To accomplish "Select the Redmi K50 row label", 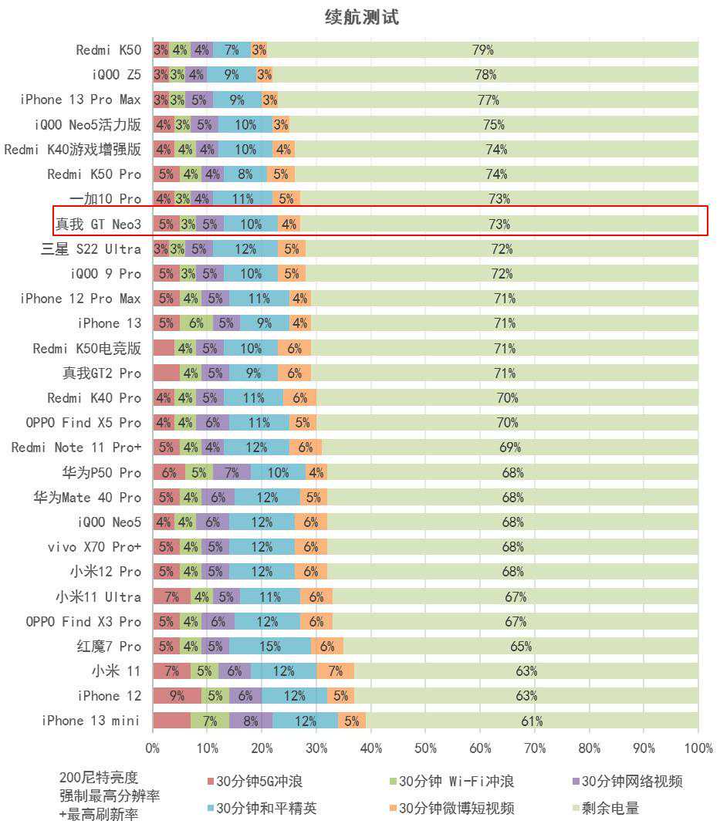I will (109, 50).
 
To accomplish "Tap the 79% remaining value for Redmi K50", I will (483, 50).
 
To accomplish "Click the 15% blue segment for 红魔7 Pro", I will (270, 647).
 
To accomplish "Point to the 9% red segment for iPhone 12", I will (177, 696).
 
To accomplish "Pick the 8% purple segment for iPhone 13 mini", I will (251, 721).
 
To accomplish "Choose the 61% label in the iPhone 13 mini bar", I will (532, 721).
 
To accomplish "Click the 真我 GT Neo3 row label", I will (98, 225).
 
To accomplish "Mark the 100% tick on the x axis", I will (698, 748).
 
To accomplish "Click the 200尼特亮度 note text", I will (99, 777).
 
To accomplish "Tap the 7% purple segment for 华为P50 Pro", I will (232, 472).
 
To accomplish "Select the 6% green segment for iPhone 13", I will (196, 323).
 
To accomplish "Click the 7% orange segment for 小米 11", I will (335, 671).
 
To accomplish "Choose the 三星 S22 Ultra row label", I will (91, 249).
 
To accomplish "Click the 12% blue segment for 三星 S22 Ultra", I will (245, 249).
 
